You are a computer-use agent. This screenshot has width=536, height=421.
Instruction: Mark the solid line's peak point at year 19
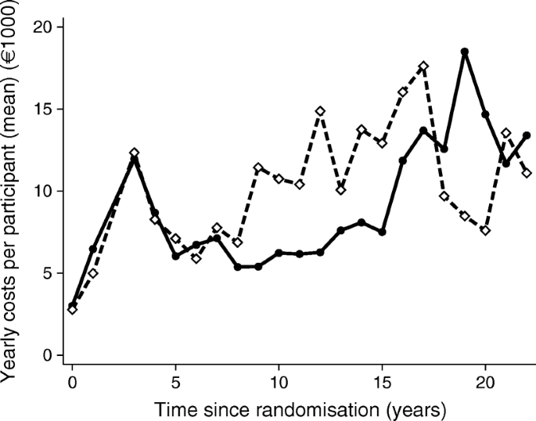point(465,52)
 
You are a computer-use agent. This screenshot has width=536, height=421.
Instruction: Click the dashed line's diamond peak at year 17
point(423,67)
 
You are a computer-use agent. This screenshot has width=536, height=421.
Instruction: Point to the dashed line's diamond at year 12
point(320,111)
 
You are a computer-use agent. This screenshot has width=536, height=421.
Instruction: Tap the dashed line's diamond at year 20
point(485,230)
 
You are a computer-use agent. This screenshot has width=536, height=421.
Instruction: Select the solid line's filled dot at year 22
point(527,135)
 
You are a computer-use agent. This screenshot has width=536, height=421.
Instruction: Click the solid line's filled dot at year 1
point(93,249)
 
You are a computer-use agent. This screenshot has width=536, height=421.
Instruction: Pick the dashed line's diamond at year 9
point(258,167)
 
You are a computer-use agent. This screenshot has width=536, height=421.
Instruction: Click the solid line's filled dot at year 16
point(403,160)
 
